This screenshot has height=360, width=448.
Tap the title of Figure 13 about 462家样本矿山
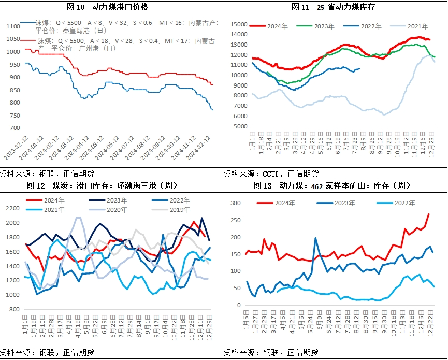pos(332,185)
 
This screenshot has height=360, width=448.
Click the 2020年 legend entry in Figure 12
pos(117,210)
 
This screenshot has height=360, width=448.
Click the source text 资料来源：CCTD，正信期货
pos(271,174)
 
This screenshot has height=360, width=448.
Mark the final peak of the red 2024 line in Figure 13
pos(428,214)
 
